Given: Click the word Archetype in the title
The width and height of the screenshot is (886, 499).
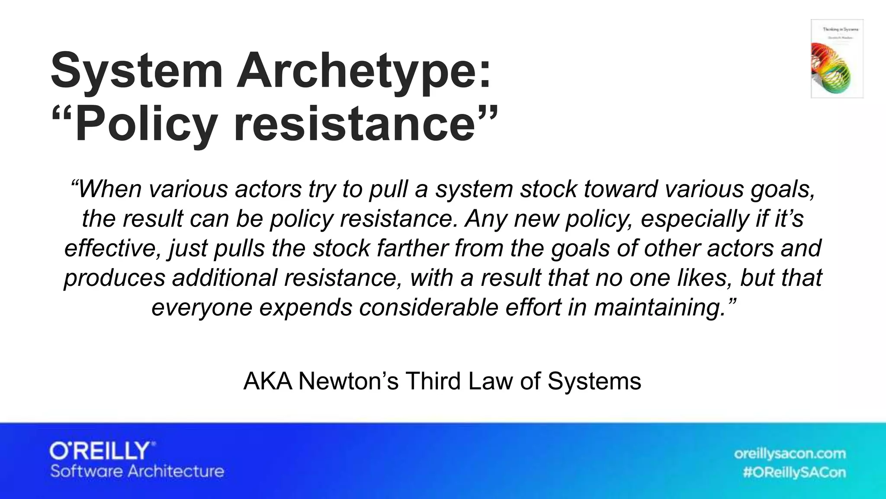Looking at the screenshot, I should (x=363, y=70).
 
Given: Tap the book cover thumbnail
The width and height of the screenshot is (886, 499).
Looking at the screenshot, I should (x=837, y=58).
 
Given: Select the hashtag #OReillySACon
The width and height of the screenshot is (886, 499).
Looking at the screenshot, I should (x=794, y=472).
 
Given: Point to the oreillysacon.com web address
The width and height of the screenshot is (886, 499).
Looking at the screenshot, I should (x=790, y=454).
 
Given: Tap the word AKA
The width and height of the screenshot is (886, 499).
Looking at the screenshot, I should (x=268, y=381).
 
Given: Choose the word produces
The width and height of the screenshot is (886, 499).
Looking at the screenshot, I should (x=115, y=278).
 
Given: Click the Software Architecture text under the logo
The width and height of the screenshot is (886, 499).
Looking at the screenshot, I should (x=137, y=471).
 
